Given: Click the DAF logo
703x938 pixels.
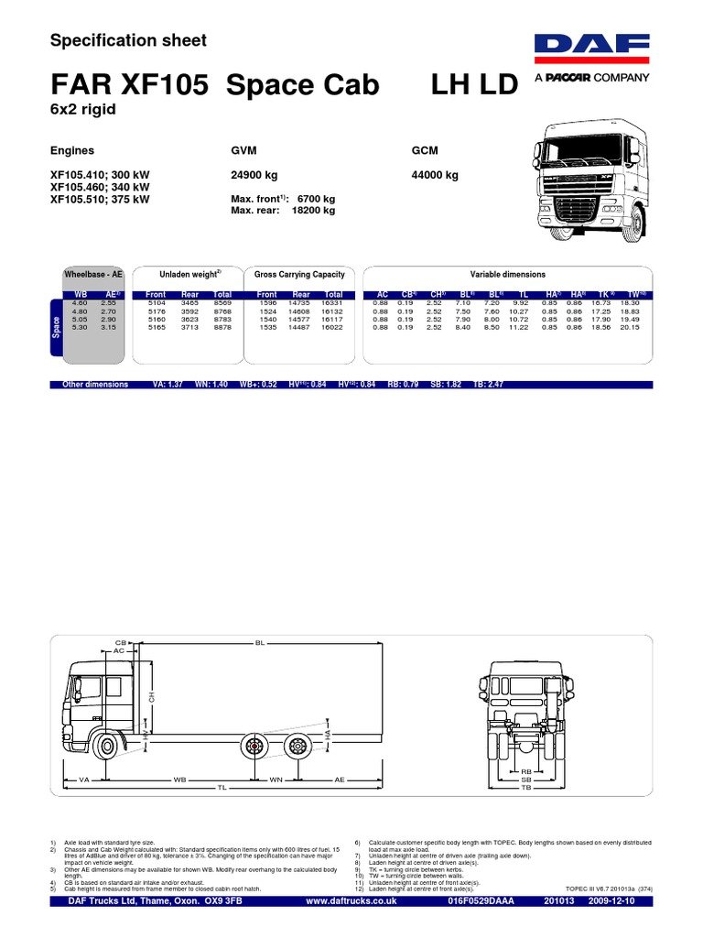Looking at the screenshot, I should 591,50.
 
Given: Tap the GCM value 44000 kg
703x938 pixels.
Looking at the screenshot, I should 436,175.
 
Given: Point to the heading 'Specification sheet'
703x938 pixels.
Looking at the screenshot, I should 128,40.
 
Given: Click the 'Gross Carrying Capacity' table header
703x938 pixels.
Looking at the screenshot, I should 299,275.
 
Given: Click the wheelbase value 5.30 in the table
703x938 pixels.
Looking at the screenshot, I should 80,327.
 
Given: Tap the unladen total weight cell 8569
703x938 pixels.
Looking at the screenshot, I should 222,302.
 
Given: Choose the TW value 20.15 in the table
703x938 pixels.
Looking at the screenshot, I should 631,327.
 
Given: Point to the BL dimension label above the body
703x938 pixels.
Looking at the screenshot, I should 260,643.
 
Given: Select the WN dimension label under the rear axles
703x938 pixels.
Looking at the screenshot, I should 276,780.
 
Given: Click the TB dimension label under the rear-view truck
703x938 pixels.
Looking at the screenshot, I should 526,788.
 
